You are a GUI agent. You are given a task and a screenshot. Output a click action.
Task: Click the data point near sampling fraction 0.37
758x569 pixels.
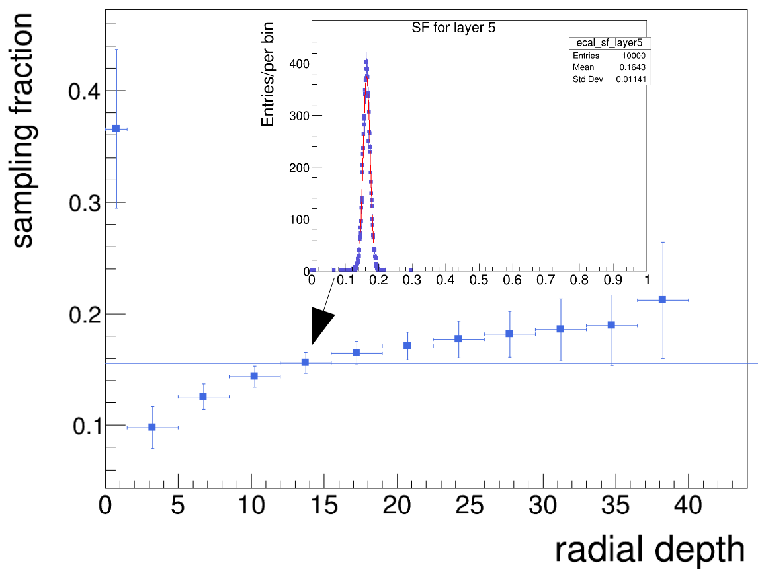point(116,128)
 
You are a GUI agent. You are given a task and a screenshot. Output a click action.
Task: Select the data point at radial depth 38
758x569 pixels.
point(662,299)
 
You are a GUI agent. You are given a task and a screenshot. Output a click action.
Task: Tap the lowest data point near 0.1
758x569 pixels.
point(152,427)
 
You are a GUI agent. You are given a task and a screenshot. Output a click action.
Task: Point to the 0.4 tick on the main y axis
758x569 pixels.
point(85,91)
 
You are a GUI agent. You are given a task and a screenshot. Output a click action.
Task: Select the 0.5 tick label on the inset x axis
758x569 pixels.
point(479,280)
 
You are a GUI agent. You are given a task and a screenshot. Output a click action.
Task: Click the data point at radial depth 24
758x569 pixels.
point(458,339)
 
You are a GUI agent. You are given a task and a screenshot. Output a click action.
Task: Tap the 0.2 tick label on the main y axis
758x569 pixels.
point(85,314)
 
